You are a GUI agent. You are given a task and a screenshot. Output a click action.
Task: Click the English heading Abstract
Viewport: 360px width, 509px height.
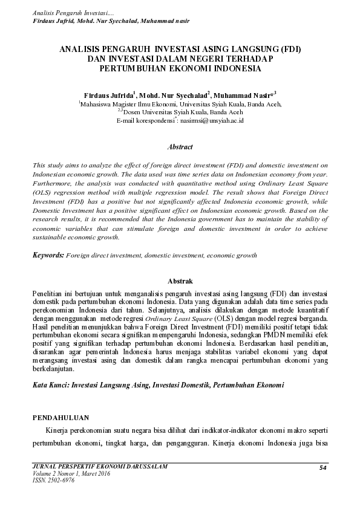point(180,147)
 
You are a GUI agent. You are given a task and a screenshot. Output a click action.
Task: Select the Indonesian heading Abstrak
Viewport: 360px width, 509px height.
point(180,281)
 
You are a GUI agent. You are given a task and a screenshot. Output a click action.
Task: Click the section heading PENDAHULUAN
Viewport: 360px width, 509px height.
point(61,417)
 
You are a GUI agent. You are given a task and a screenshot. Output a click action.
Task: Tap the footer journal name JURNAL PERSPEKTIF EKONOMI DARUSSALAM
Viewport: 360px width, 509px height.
point(99,467)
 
